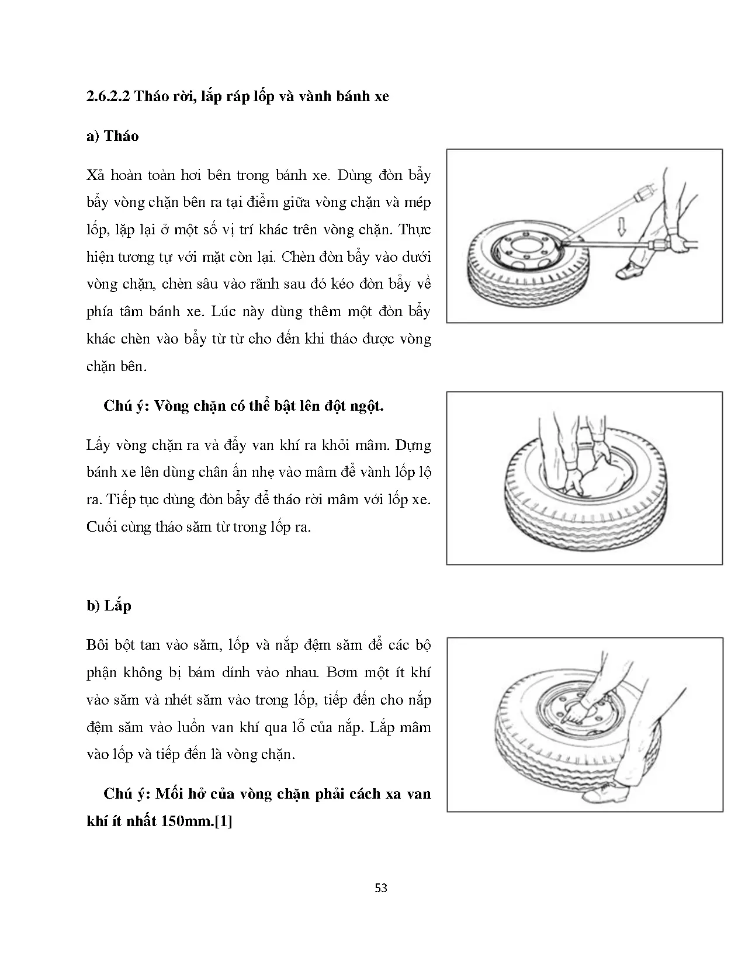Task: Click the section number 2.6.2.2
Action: click(108, 96)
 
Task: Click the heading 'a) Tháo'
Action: click(112, 136)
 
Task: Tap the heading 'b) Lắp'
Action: click(109, 606)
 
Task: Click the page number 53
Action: click(381, 889)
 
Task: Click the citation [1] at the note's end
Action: click(223, 821)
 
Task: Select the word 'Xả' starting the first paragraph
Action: click(95, 175)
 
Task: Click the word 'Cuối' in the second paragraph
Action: click(102, 527)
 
